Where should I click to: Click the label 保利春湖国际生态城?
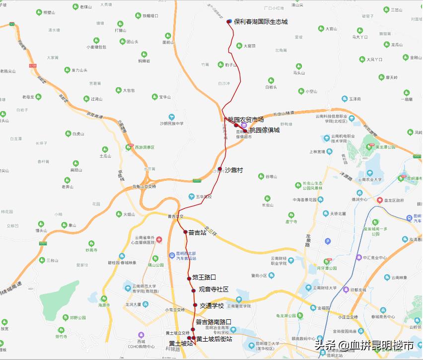[x=261, y=22]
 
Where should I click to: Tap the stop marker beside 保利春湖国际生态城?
[x=229, y=21]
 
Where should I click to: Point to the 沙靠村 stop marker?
[x=220, y=169]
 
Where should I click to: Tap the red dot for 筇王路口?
[x=189, y=278]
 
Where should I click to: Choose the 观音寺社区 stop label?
[x=213, y=289]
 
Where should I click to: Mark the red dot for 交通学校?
[x=195, y=305]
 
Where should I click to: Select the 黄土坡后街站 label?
[x=214, y=339]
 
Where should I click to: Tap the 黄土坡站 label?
[x=180, y=343]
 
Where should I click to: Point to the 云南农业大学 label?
[x=369, y=179]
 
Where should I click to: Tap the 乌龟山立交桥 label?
[x=144, y=187]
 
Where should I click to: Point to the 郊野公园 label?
[x=77, y=317]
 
